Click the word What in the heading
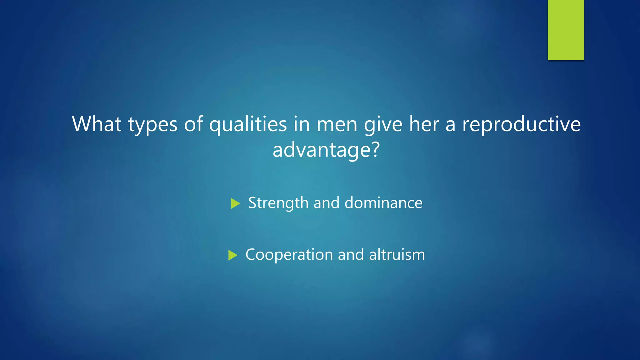click(x=97, y=124)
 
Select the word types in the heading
click(x=152, y=125)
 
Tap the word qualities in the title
click(x=248, y=125)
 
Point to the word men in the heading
click(x=337, y=125)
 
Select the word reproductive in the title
click(x=521, y=125)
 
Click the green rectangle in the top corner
click(x=566, y=30)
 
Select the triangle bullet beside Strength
click(x=235, y=204)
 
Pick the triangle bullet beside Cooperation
click(x=232, y=255)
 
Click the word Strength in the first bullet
click(x=278, y=203)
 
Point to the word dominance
click(x=383, y=203)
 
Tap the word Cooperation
click(x=289, y=255)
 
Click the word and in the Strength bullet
click(x=326, y=203)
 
